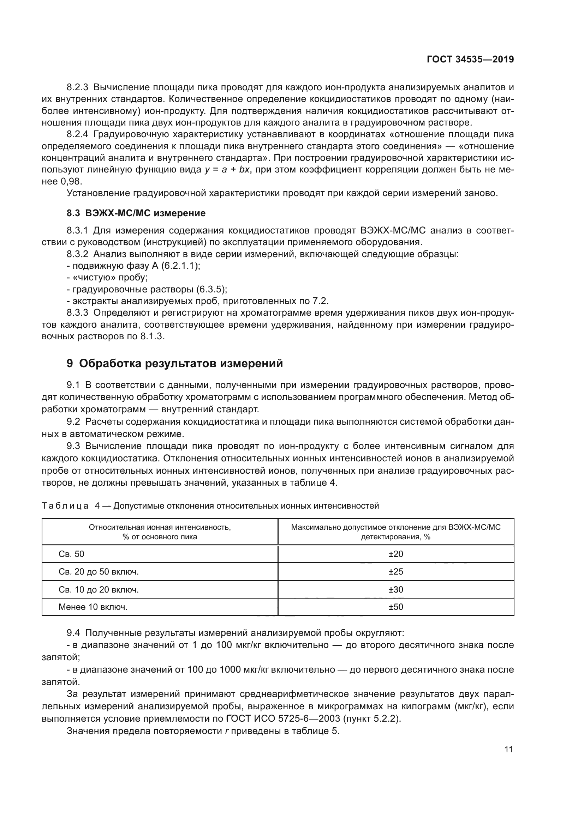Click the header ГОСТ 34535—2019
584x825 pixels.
[470, 59]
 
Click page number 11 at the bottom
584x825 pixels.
[508, 750]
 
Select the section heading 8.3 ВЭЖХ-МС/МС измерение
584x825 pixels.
[136, 213]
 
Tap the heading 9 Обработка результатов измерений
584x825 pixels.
[175, 364]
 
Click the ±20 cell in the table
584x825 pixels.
[395, 554]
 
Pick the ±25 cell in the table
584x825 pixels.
[395, 571]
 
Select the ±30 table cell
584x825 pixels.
[395, 589]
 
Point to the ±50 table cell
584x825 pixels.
[395, 607]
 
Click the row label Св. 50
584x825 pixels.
[71, 554]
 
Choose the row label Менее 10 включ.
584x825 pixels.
[93, 607]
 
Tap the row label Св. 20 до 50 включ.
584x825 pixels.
[99, 571]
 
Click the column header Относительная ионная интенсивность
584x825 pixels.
[160, 527]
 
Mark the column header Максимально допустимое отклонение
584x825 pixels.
[395, 527]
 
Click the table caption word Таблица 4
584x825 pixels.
[71, 506]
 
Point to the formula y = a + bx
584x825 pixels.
[227, 170]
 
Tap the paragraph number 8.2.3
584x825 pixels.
[77, 87]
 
